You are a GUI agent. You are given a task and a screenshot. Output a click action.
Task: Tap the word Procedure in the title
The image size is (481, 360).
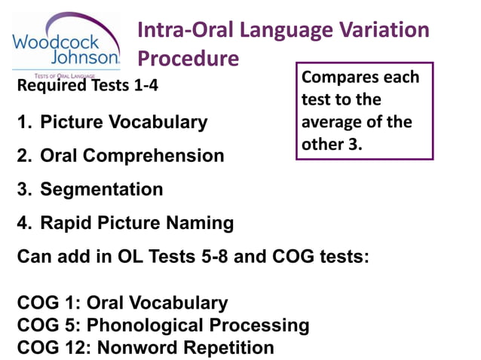[x=188, y=58]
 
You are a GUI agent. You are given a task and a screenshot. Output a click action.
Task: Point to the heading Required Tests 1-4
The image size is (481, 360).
[x=87, y=84]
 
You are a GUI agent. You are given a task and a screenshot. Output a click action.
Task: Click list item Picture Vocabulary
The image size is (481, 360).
[x=123, y=122]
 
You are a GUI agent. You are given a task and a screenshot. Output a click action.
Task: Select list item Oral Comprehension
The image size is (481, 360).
[x=132, y=156]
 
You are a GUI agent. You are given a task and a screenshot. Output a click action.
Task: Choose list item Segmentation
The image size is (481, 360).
[x=101, y=189]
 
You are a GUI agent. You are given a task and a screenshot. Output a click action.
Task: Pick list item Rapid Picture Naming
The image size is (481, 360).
[x=136, y=223]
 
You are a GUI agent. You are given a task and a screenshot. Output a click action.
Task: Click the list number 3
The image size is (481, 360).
[x=23, y=189]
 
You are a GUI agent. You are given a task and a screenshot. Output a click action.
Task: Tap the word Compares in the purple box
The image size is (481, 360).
[x=338, y=78]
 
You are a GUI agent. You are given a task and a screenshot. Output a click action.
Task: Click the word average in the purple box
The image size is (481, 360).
[x=331, y=122]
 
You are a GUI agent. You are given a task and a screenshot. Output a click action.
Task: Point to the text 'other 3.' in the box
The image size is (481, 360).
[x=331, y=144]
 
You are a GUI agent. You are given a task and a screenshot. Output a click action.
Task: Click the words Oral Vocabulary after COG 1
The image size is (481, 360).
[x=157, y=304]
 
